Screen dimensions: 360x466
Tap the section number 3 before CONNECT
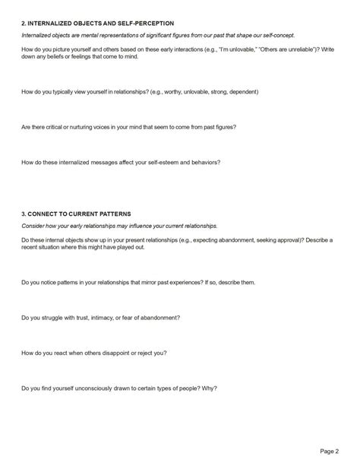tap(24, 214)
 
